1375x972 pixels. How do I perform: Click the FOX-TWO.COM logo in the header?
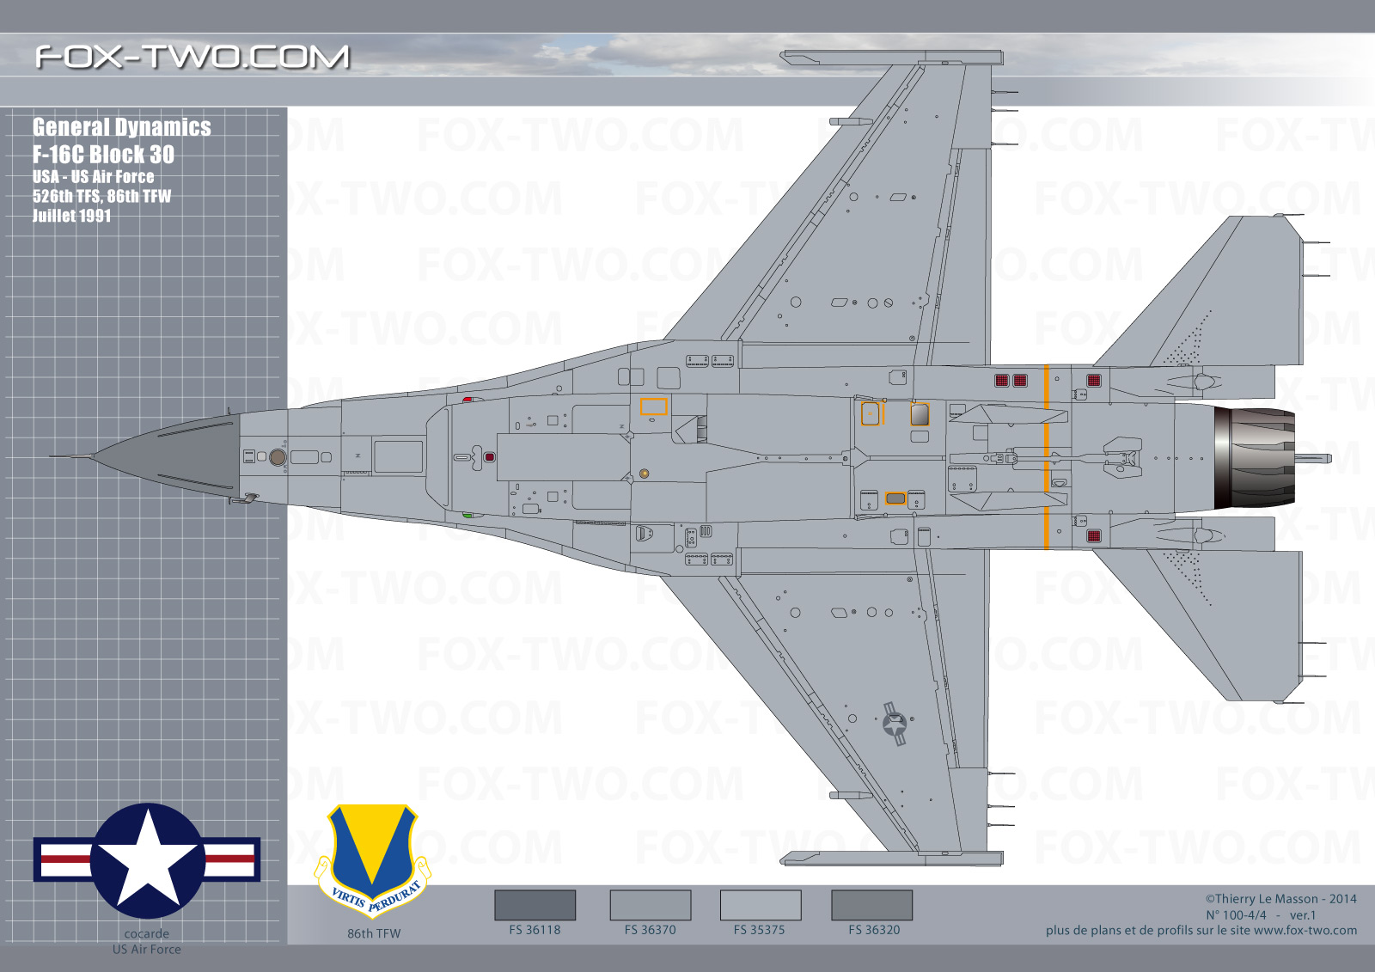(x=192, y=57)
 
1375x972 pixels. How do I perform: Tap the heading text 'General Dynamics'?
(x=121, y=127)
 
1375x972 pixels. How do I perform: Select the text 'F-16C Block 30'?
(x=103, y=154)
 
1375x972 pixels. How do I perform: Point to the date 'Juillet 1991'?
(x=72, y=216)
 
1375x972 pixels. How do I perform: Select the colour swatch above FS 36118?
(x=535, y=905)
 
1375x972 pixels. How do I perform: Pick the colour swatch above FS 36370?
(x=650, y=905)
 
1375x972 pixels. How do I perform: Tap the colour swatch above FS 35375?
(x=760, y=905)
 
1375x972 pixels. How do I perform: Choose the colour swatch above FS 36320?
(x=871, y=905)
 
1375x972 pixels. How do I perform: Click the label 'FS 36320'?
(x=874, y=930)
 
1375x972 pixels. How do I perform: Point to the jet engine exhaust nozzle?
(x=1254, y=458)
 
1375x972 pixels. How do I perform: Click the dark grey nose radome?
(x=166, y=457)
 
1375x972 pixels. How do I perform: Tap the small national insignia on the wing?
(x=895, y=724)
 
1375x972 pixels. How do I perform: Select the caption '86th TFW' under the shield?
(x=374, y=934)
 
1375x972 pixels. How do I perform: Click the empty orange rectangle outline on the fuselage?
(x=654, y=407)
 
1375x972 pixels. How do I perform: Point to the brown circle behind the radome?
(x=278, y=457)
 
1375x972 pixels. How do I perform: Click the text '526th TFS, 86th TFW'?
(x=102, y=197)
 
